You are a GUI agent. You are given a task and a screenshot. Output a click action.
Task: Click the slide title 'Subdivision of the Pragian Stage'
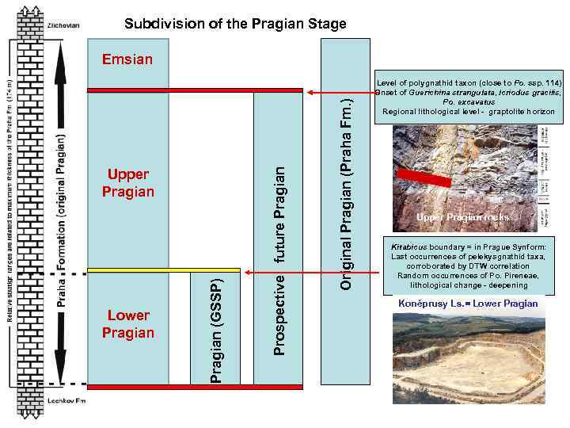pyautogui.click(x=235, y=24)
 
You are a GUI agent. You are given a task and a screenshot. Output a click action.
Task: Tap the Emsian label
pyautogui.click(x=127, y=59)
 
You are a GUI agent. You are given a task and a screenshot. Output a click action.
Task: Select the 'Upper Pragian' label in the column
pyautogui.click(x=128, y=183)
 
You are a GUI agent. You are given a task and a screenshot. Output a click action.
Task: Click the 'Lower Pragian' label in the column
pyautogui.click(x=128, y=323)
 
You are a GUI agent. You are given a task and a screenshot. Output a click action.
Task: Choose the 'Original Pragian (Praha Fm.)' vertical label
pyautogui.click(x=345, y=190)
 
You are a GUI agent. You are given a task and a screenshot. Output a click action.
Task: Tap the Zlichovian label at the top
pyautogui.click(x=63, y=25)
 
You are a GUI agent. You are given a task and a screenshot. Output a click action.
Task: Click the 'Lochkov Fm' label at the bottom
pyautogui.click(x=65, y=401)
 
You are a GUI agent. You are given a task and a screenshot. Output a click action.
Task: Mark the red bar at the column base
pyautogui.click(x=195, y=387)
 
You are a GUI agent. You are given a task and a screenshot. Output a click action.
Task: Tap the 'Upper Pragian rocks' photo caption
pyautogui.click(x=465, y=217)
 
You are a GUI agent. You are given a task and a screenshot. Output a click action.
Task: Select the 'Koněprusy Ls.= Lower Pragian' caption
pyautogui.click(x=465, y=304)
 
